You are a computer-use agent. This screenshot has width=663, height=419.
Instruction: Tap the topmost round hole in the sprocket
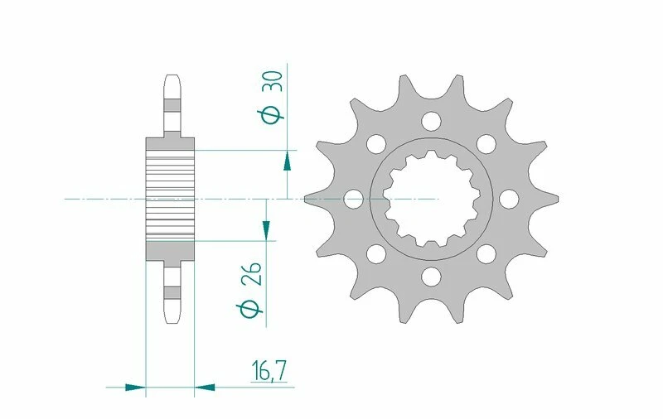click(x=430, y=122)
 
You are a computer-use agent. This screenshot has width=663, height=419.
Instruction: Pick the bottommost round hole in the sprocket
click(x=430, y=276)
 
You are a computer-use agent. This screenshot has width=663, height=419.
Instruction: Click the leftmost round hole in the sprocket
click(x=353, y=199)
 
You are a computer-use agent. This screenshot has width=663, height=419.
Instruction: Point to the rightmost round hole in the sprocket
click(x=507, y=199)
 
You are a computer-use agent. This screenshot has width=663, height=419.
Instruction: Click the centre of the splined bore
click(x=430, y=199)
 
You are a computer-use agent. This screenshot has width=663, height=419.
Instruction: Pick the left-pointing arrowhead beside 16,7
click(x=205, y=386)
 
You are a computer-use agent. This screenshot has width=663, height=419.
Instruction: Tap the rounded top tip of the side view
click(x=171, y=78)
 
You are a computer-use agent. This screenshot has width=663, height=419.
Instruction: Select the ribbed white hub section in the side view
click(x=171, y=199)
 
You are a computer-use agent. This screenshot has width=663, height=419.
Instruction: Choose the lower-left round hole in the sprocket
click(x=375, y=253)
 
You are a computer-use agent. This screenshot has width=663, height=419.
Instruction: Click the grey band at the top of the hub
click(x=171, y=147)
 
